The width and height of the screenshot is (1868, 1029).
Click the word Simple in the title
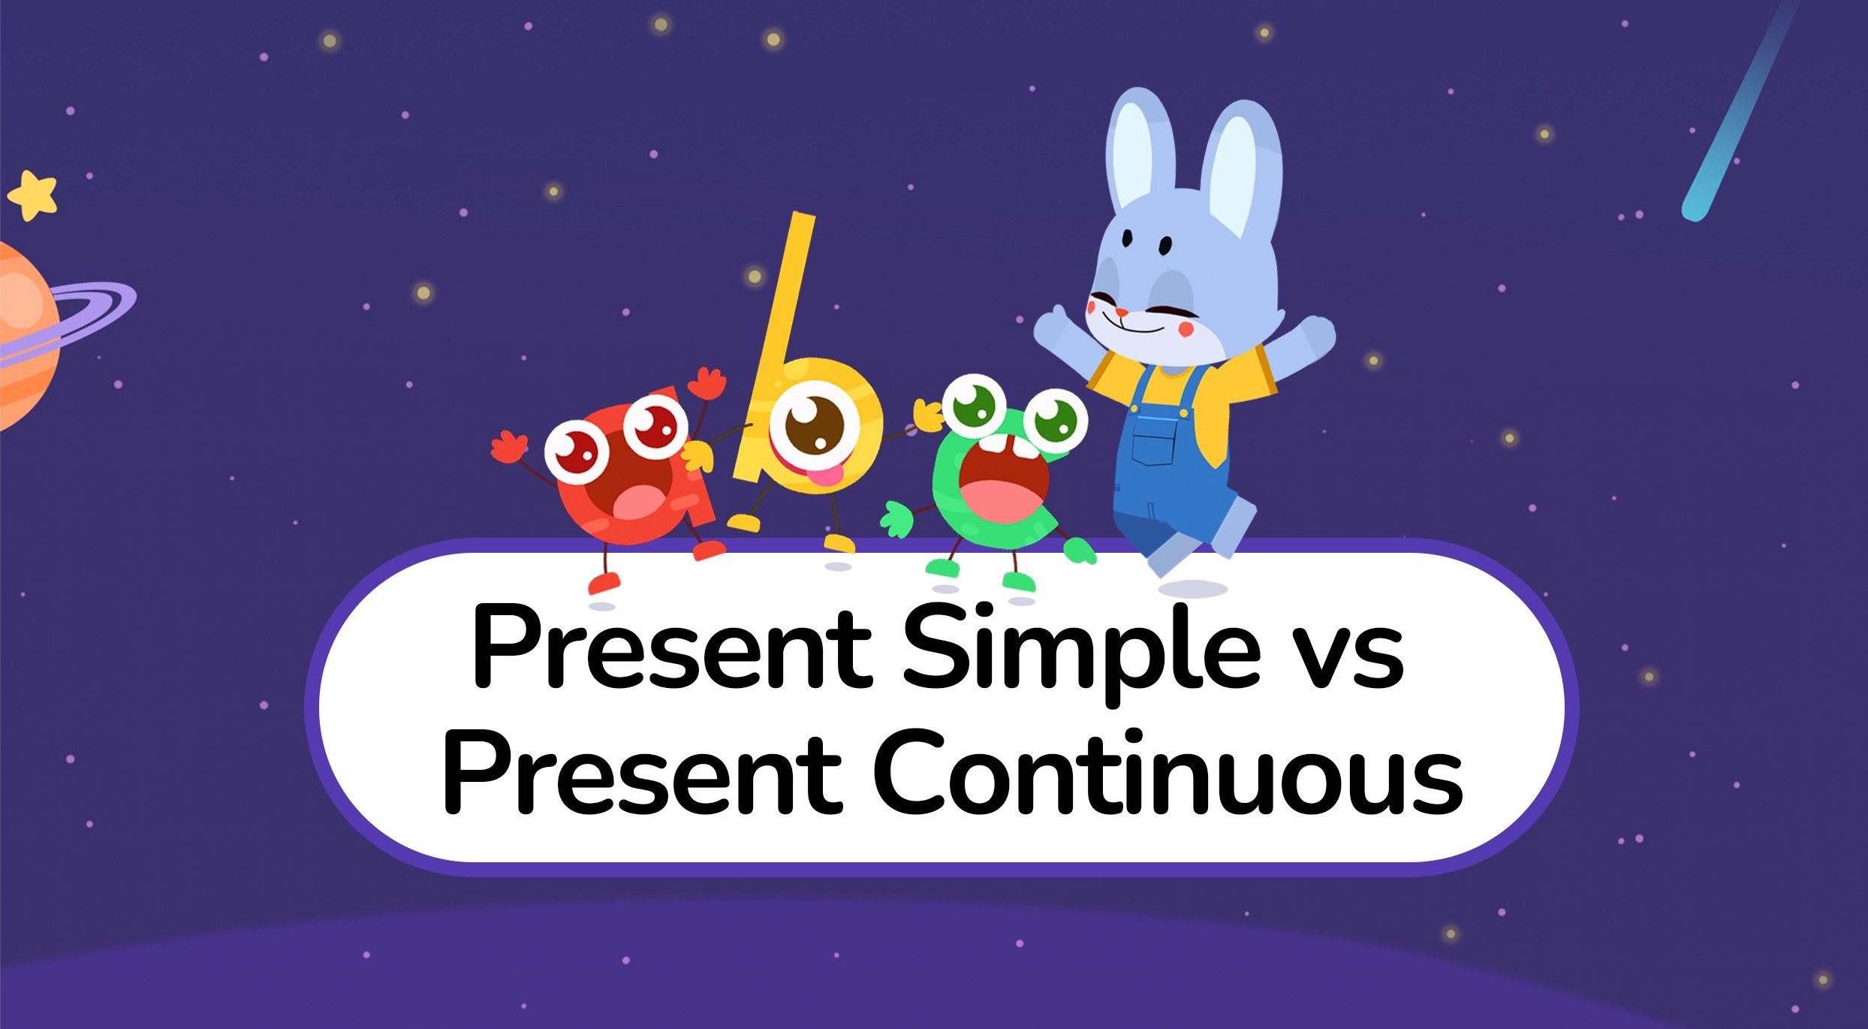click(x=1081, y=650)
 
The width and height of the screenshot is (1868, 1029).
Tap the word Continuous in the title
click(x=1167, y=774)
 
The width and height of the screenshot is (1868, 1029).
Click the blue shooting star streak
click(x=1740, y=113)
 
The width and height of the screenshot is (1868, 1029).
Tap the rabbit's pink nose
click(x=1120, y=312)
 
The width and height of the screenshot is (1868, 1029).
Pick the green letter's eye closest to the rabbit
click(x=1055, y=421)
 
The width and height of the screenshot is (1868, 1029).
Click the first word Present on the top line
click(x=672, y=650)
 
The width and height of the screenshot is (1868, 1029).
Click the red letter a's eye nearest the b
click(x=655, y=425)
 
